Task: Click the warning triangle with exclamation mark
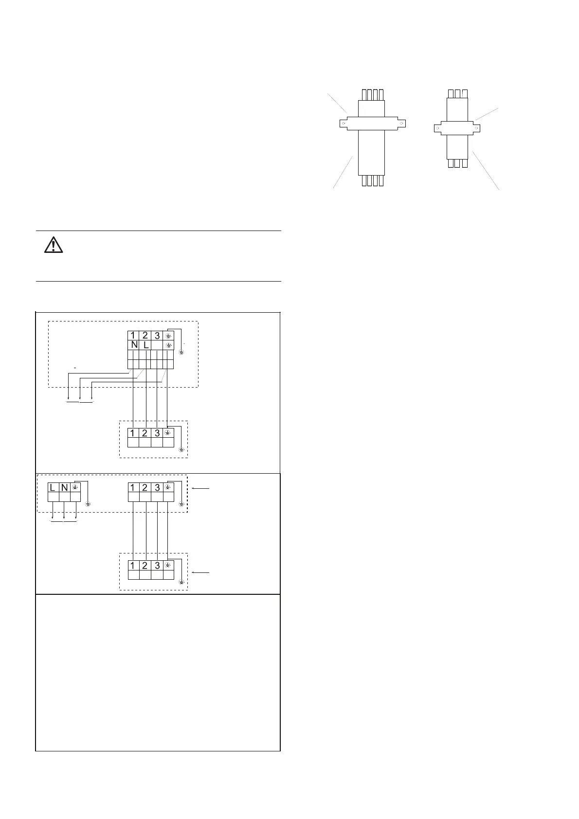54,245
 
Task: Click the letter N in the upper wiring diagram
133,345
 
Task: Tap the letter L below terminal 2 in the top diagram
145,345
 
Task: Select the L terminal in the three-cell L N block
53,488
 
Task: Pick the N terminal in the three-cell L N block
64,488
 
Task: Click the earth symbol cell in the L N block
75,487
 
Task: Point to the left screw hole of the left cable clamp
344,123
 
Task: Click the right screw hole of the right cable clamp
477,128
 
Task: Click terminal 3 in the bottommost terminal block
157,566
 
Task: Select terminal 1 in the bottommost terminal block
133,566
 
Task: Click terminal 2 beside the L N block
145,488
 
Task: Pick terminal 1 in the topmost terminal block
133,336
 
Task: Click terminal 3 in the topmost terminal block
157,336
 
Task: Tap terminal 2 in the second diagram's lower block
145,566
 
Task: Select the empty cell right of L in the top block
157,345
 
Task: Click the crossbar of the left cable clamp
372,123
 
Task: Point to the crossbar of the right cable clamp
457,128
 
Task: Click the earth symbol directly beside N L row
168,345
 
